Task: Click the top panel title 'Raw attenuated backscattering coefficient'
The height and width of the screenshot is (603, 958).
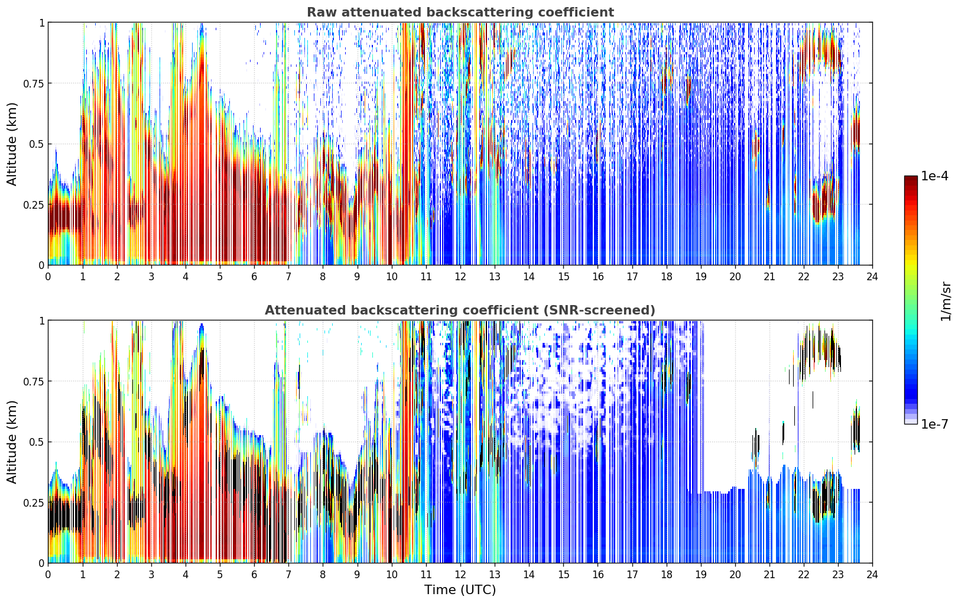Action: (x=460, y=12)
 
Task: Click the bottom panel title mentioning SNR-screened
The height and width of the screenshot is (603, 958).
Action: (x=460, y=310)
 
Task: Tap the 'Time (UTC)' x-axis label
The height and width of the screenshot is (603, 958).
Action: (x=460, y=590)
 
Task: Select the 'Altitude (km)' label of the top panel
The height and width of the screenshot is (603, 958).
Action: (x=12, y=144)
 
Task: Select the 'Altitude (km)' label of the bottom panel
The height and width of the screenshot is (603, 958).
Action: (x=12, y=442)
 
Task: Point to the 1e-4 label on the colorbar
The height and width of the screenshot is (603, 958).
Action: (x=934, y=176)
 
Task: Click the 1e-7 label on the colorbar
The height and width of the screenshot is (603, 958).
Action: (x=934, y=424)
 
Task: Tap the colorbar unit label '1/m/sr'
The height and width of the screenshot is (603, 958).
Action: (x=946, y=301)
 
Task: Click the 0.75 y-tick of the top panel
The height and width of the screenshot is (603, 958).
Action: (x=33, y=83)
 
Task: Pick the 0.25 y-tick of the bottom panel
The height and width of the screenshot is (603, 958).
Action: (x=33, y=502)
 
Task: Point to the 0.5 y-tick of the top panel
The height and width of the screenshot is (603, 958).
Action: (x=37, y=144)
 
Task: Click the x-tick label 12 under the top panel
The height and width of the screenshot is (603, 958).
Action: (x=460, y=277)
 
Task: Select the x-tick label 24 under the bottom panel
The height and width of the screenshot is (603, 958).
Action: (x=872, y=575)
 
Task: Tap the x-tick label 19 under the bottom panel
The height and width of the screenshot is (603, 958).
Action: (x=701, y=575)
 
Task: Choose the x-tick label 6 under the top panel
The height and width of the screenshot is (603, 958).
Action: (x=254, y=277)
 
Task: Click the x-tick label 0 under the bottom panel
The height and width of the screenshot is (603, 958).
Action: (x=48, y=575)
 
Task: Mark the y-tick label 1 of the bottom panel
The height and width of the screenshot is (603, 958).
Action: (x=41, y=321)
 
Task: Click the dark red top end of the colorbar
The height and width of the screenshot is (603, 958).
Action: (x=911, y=179)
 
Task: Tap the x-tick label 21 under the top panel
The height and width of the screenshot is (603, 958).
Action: (x=769, y=277)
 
